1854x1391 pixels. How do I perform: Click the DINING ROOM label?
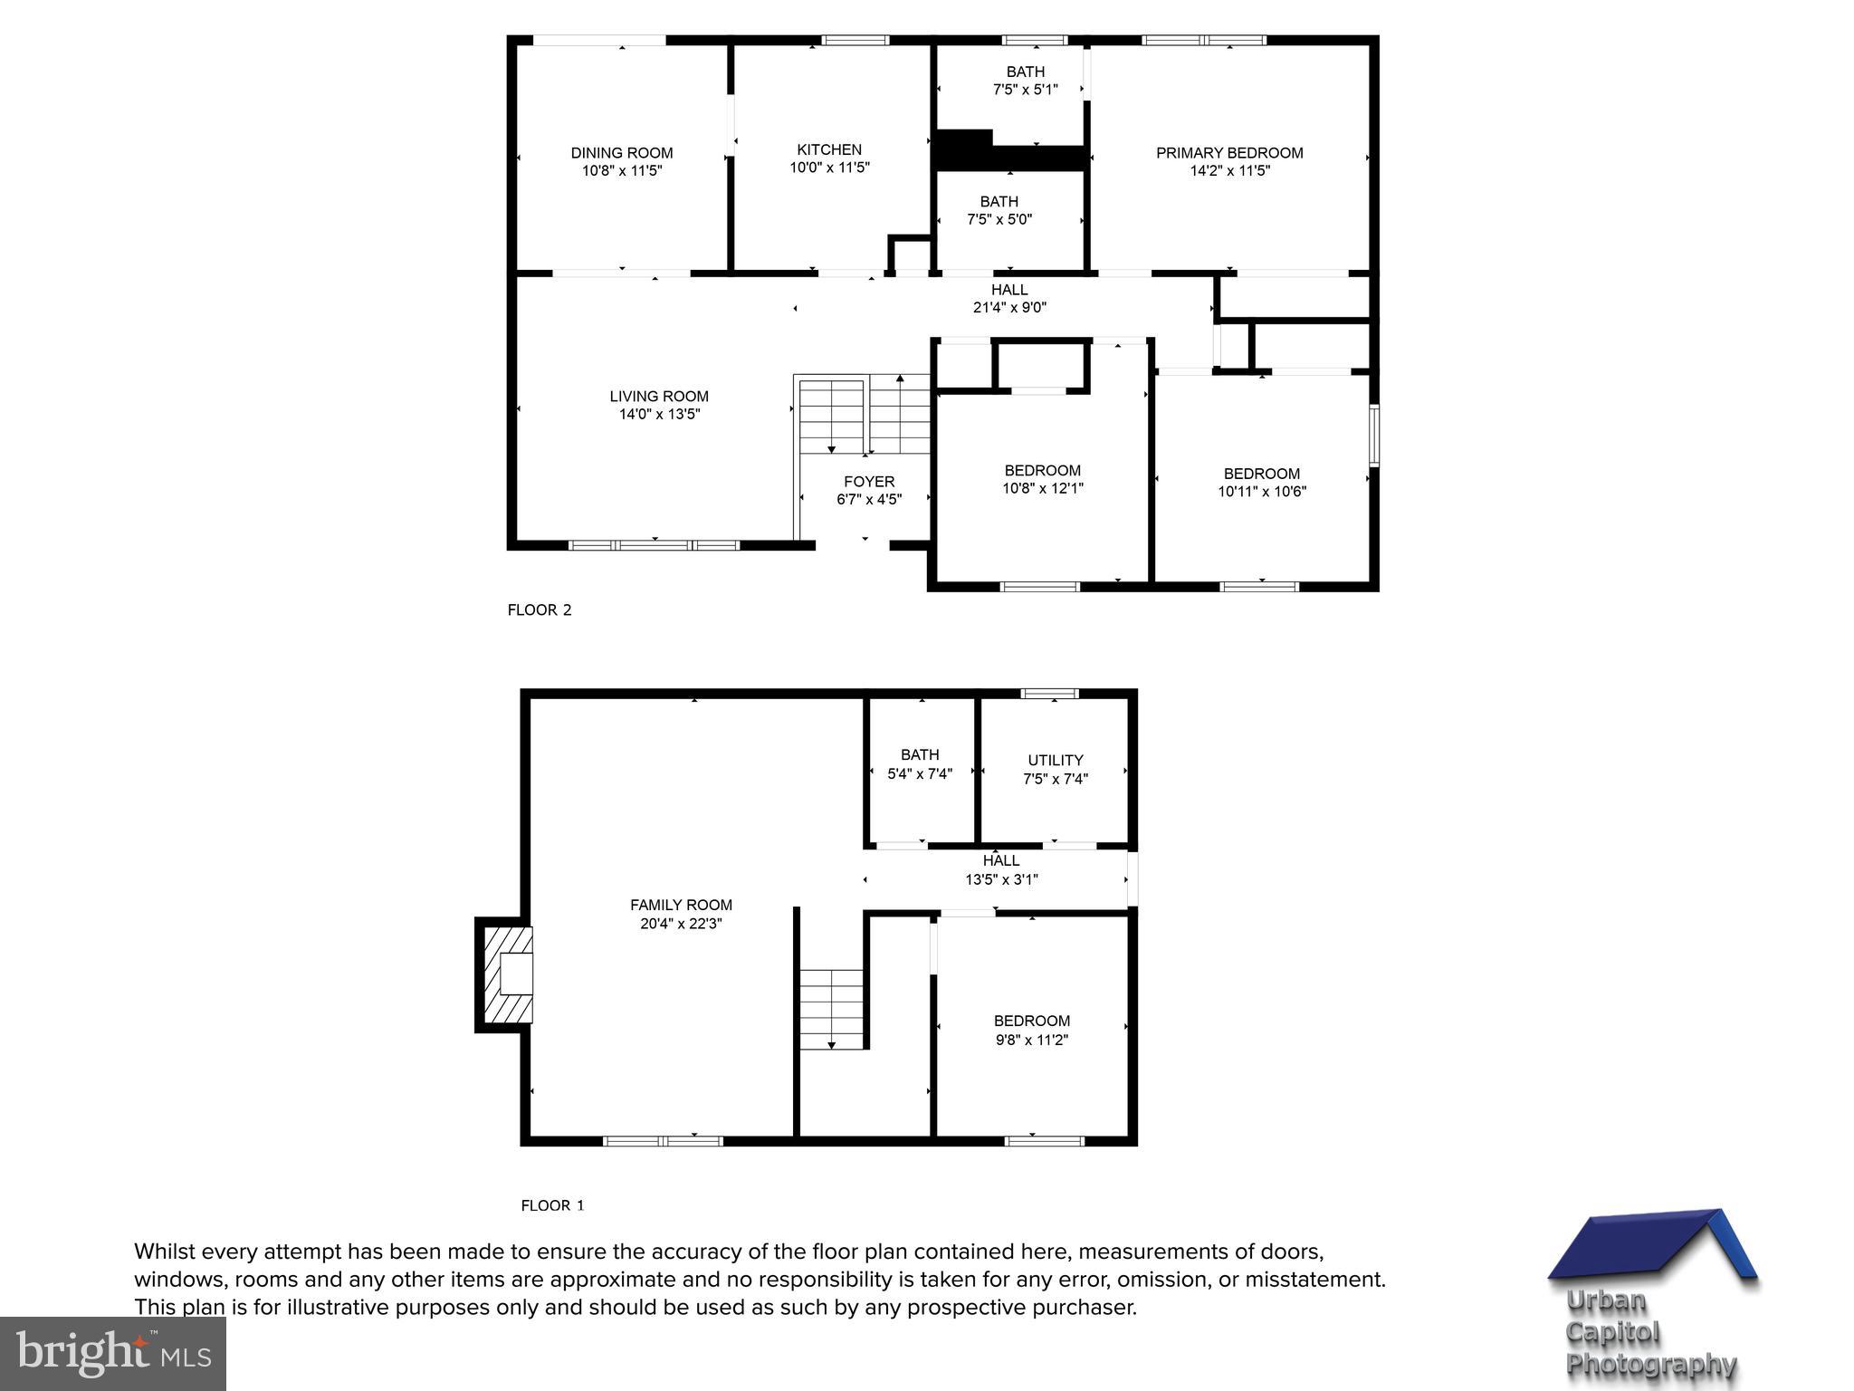coord(621,153)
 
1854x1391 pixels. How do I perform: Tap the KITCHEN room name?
coord(829,149)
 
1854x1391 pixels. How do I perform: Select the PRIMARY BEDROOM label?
coord(1229,153)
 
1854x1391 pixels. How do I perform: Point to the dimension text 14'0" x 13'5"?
coord(659,415)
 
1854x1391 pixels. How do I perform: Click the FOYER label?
coord(869,482)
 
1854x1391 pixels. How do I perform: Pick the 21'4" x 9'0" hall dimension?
coord(1009,308)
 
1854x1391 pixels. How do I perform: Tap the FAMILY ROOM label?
coord(681,905)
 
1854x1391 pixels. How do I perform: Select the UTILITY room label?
coord(1056,761)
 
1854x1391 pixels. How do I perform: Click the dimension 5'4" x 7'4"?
coord(920,774)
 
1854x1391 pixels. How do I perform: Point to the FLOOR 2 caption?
coord(540,610)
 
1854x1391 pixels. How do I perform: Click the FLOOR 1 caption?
coord(552,1205)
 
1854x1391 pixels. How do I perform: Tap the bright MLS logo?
coord(113,1353)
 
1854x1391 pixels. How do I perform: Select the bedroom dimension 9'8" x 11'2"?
coord(1032,1041)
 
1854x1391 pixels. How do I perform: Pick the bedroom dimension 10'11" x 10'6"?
coord(1262,492)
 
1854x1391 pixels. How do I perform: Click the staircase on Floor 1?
coord(832,1009)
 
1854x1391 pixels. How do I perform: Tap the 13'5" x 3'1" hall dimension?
coord(1001,879)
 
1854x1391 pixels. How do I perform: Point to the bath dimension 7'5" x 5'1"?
coord(1026,90)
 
